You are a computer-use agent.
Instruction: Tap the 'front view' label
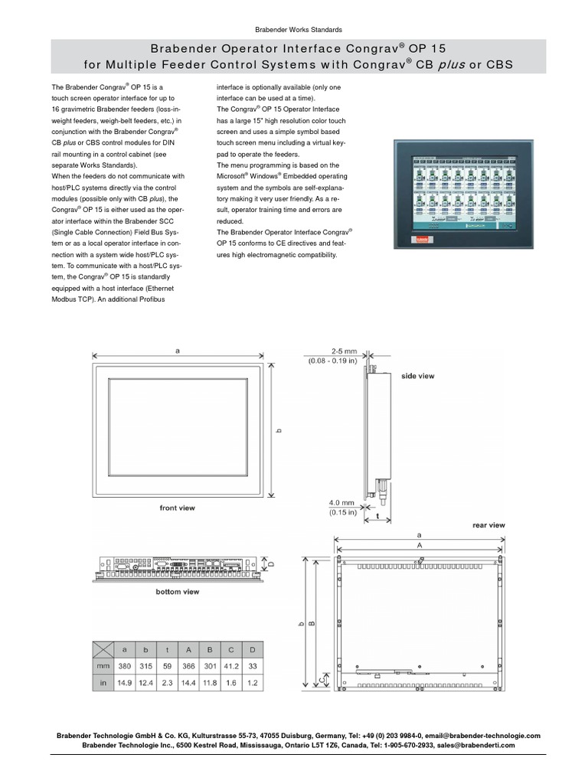(177, 508)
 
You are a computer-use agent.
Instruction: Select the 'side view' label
(418, 376)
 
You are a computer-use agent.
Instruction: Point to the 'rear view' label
(488, 525)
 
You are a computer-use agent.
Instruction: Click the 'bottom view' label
(177, 591)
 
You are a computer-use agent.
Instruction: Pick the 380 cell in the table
(124, 666)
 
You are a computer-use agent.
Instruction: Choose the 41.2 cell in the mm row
(232, 666)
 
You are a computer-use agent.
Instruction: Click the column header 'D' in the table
(253, 649)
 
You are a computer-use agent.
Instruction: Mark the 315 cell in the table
(145, 666)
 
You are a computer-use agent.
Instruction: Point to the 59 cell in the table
(167, 666)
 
